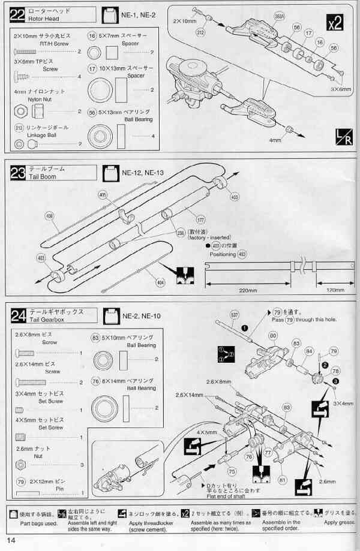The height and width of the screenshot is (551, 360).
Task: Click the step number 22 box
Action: tap(19, 13)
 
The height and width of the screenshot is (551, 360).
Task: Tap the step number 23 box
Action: tap(19, 173)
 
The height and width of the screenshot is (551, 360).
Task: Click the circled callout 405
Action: tap(103, 194)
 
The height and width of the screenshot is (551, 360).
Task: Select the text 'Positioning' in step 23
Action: tap(223, 254)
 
